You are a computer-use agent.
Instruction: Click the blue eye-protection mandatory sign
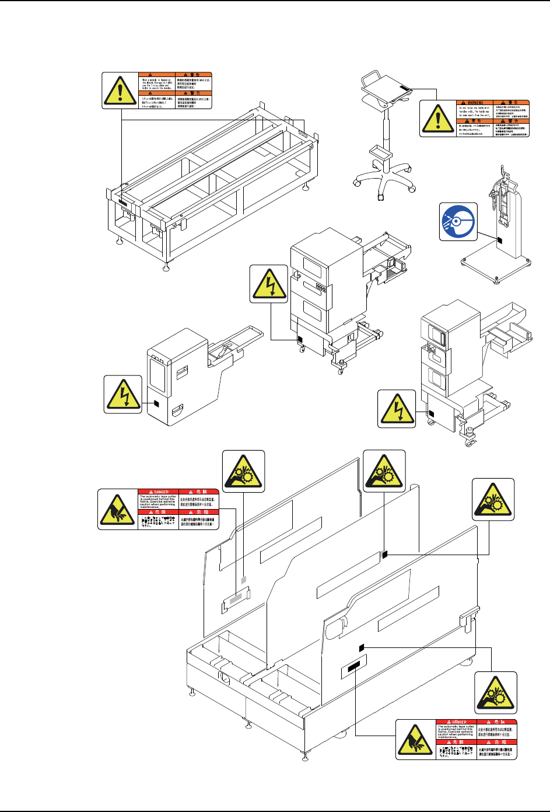pyautogui.click(x=458, y=221)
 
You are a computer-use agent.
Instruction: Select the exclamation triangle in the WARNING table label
pyautogui.click(x=437, y=119)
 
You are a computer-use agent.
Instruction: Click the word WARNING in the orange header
pyautogui.click(x=477, y=103)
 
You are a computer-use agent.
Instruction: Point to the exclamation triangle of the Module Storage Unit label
pyautogui.click(x=120, y=90)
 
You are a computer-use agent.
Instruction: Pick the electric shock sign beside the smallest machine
pyautogui.click(x=123, y=395)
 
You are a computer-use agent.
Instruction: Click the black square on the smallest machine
pyautogui.click(x=155, y=403)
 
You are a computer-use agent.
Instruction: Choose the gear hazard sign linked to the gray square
pyautogui.click(x=244, y=471)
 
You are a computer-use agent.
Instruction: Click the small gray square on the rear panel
pyautogui.click(x=244, y=580)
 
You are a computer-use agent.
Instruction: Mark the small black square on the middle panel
pyautogui.click(x=384, y=555)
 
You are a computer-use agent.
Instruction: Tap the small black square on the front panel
pyautogui.click(x=361, y=647)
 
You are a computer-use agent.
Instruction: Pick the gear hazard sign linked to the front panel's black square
pyautogui.click(x=495, y=692)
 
